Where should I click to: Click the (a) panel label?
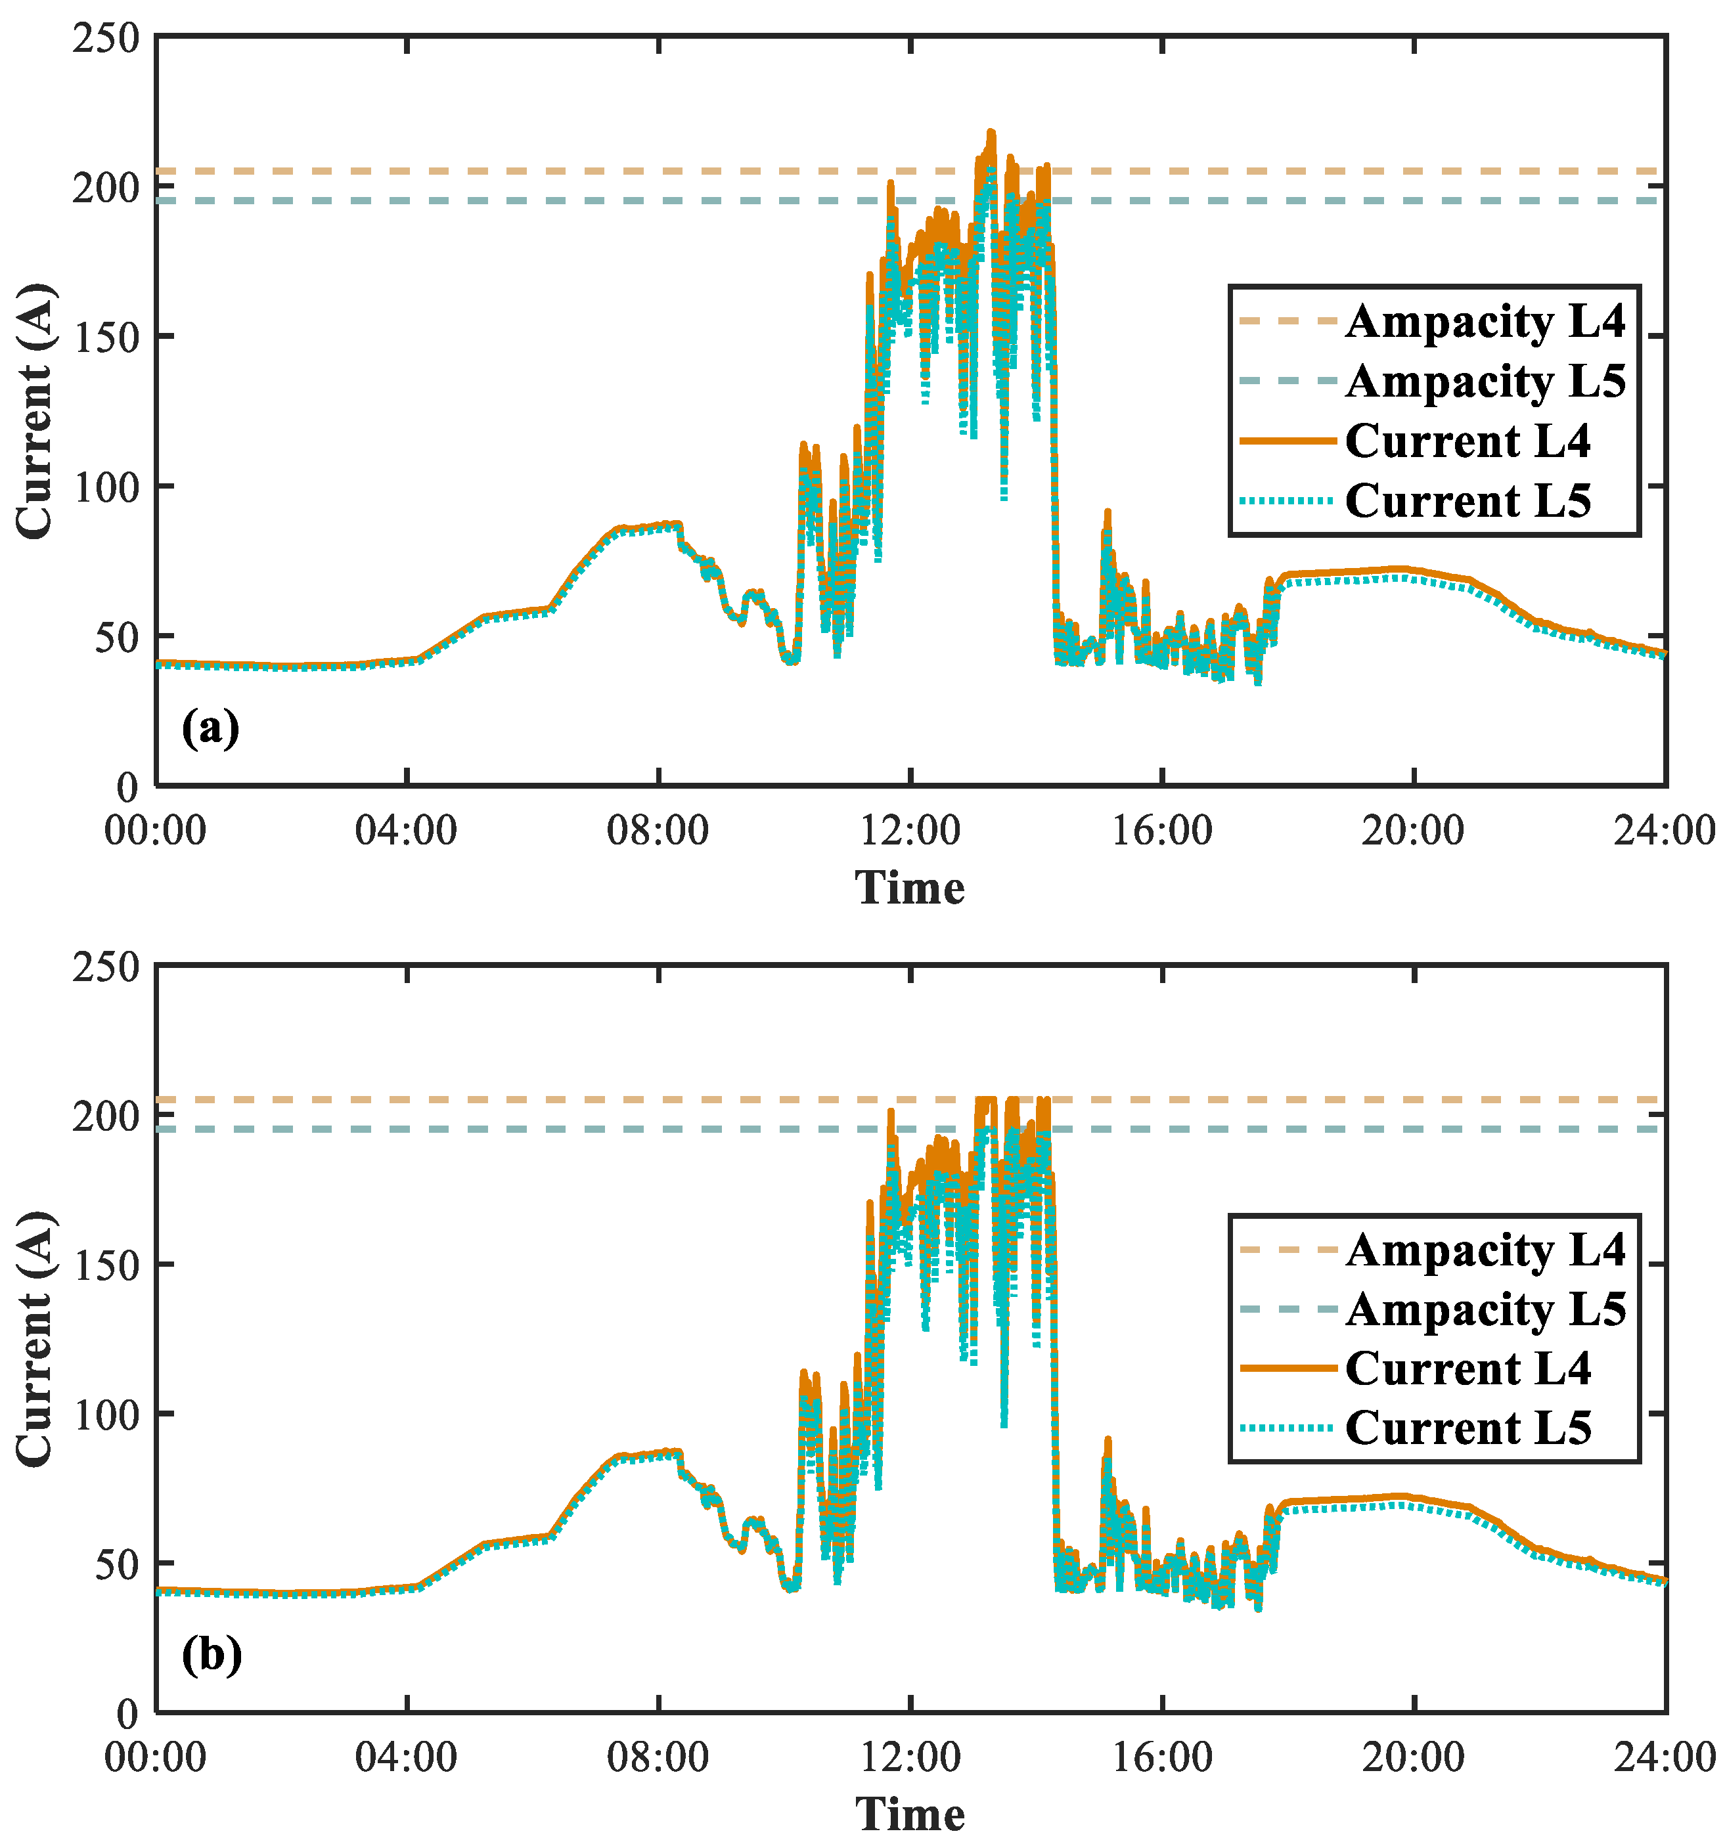tap(210, 728)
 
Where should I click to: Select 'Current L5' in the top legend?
tap(1467, 501)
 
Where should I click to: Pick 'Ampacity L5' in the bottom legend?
tap(1485, 1309)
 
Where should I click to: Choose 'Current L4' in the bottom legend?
tap(1467, 1369)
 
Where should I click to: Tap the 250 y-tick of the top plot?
tap(106, 39)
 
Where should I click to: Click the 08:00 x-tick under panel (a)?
tap(658, 830)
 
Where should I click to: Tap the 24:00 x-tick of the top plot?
tap(1664, 830)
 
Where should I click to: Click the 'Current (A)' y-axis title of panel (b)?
tap(35, 1339)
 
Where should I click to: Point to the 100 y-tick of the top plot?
tap(106, 487)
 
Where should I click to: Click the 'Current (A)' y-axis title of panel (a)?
tap(35, 411)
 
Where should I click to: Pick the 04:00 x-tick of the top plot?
tap(406, 830)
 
